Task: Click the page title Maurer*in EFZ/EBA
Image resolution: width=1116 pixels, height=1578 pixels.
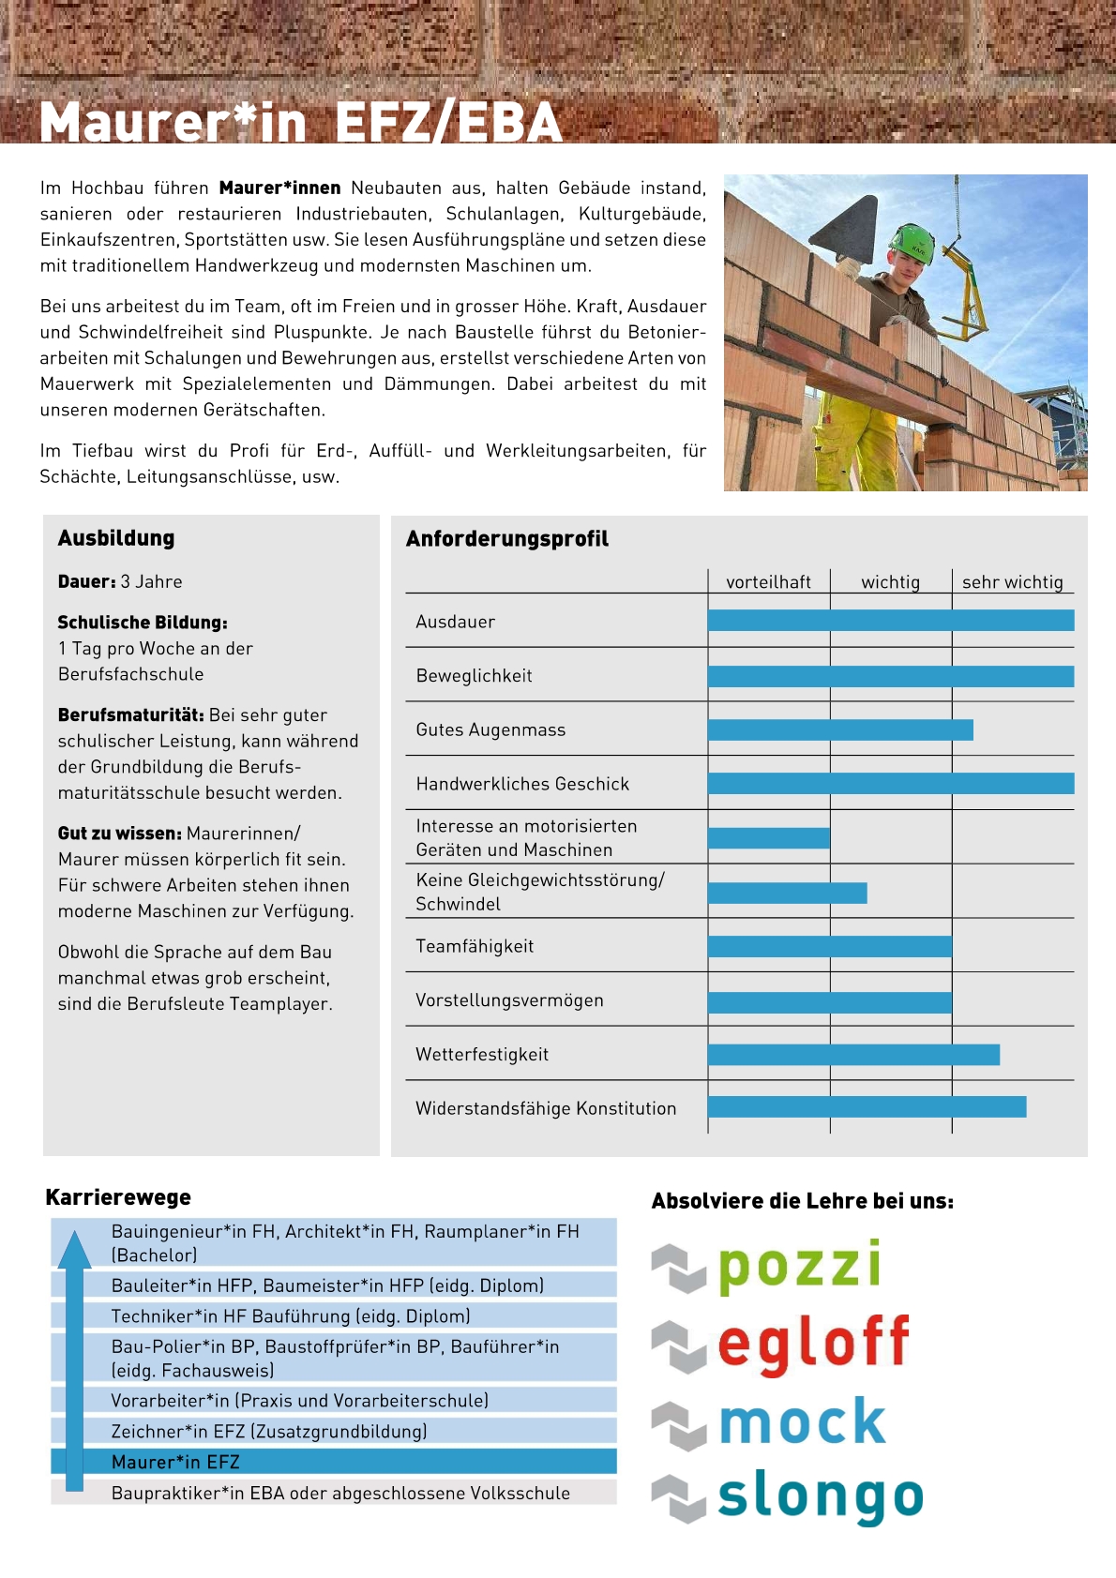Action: tap(300, 123)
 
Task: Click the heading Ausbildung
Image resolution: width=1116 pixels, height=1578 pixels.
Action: tap(116, 538)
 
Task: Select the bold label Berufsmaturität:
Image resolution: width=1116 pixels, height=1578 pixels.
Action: tap(130, 715)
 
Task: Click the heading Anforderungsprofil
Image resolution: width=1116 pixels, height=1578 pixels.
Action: tap(506, 539)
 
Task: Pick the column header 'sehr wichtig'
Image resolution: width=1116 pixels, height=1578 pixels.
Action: tap(1012, 582)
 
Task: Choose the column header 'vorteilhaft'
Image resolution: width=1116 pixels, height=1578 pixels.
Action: tap(768, 582)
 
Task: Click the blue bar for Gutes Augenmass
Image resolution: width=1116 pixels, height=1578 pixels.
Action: tap(840, 729)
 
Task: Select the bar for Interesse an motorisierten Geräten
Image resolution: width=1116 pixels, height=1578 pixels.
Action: tap(769, 838)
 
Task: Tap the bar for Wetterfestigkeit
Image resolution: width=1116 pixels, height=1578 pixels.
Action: tap(853, 1055)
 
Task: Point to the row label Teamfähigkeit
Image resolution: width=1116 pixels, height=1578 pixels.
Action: tap(475, 947)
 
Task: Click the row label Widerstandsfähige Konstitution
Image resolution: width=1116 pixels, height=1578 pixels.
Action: tap(546, 1109)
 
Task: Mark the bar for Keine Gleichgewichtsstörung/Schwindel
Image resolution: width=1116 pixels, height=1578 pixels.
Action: tap(787, 893)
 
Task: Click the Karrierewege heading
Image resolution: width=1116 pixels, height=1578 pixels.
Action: tap(118, 1197)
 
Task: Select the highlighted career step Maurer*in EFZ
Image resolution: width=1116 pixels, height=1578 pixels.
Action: tap(175, 1462)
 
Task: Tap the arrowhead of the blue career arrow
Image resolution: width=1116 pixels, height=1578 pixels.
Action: tap(74, 1251)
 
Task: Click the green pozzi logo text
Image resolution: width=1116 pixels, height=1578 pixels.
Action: tap(799, 1266)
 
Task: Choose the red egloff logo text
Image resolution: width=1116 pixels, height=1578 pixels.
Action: tap(813, 1343)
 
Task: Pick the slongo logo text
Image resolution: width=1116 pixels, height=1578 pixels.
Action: tap(820, 1496)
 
